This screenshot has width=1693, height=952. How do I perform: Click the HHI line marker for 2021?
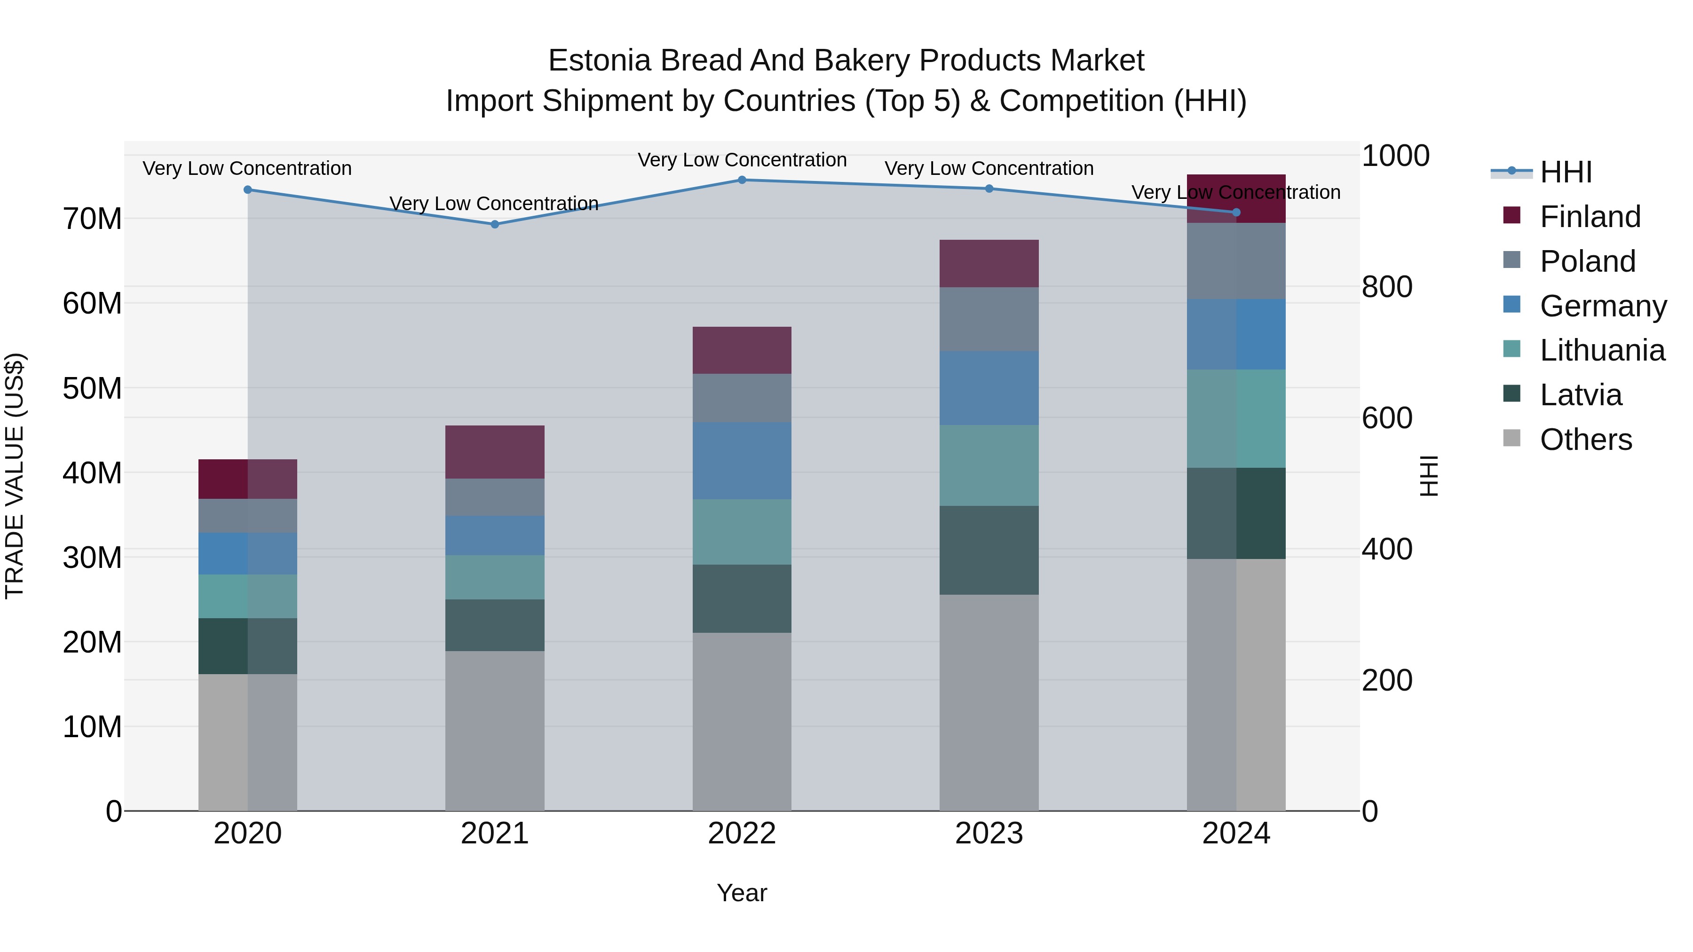pyautogui.click(x=495, y=224)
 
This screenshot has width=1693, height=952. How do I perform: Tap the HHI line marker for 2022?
pyautogui.click(x=742, y=180)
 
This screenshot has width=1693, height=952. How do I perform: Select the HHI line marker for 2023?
pyautogui.click(x=989, y=189)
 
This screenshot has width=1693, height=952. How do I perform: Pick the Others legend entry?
pyautogui.click(x=1585, y=440)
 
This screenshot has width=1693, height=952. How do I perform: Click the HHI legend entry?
pyautogui.click(x=1566, y=172)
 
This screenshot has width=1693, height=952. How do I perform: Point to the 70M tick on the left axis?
pyautogui.click(x=92, y=219)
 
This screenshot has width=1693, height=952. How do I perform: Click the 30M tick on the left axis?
pyautogui.click(x=92, y=557)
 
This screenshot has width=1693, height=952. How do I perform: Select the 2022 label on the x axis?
pyautogui.click(x=742, y=834)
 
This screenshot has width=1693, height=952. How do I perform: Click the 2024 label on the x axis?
pyautogui.click(x=1236, y=834)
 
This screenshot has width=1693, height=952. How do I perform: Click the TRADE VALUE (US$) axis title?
pyautogui.click(x=15, y=476)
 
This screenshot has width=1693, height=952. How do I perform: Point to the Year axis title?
pyautogui.click(x=742, y=893)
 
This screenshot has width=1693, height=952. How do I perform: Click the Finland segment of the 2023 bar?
pyautogui.click(x=989, y=263)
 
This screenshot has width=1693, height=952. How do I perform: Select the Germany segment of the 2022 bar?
pyautogui.click(x=742, y=461)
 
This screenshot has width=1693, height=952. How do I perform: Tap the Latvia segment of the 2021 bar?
pyautogui.click(x=495, y=625)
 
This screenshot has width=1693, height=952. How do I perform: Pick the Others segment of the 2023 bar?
pyautogui.click(x=989, y=702)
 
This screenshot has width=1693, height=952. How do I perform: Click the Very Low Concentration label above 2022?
pyautogui.click(x=742, y=160)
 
